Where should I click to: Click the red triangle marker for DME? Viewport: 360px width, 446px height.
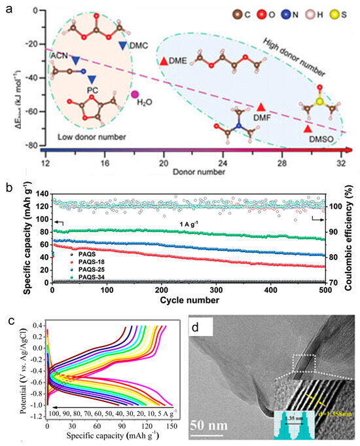(163, 61)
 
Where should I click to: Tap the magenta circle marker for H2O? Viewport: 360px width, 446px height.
(135, 94)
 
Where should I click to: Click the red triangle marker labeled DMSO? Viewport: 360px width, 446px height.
(308, 130)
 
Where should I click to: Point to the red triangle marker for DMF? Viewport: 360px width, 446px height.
(261, 107)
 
